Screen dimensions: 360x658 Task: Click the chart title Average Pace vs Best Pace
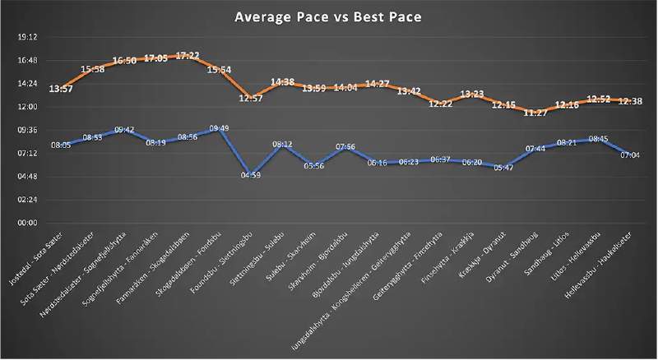(x=329, y=16)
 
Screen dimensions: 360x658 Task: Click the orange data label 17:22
(x=187, y=56)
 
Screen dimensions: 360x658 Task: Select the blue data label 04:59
(x=249, y=175)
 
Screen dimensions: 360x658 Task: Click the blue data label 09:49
(x=220, y=128)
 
